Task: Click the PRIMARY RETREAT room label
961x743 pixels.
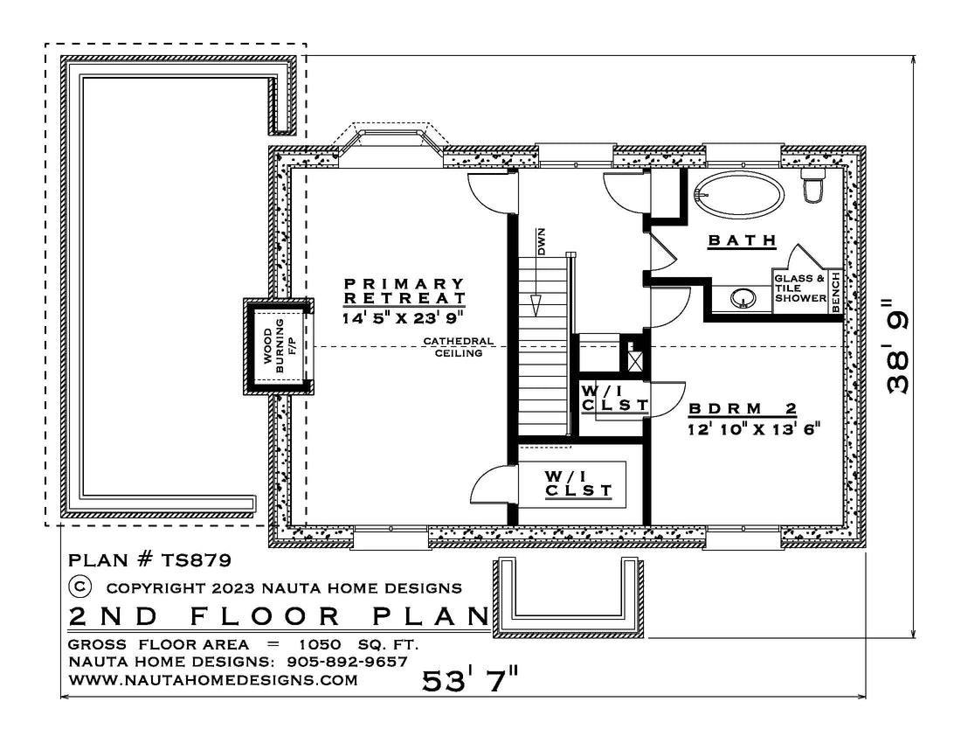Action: point(404,290)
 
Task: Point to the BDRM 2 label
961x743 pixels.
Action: point(743,409)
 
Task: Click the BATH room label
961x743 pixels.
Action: point(743,240)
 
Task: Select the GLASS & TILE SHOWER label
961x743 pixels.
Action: point(800,288)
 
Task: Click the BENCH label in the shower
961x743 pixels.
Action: point(836,293)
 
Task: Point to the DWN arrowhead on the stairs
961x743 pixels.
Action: point(537,305)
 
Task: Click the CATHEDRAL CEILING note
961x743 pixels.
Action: point(459,347)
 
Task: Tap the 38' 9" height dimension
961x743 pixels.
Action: point(897,346)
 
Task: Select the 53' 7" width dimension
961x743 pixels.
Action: point(470,680)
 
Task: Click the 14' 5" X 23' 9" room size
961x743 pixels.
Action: point(402,317)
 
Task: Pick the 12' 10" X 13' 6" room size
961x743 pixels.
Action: point(753,429)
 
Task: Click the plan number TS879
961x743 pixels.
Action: point(196,559)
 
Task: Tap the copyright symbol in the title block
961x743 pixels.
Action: point(80,587)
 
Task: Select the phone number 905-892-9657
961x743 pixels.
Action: point(348,662)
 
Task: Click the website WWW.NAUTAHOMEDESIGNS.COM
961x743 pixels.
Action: point(213,680)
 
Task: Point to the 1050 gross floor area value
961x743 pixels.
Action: point(320,644)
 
